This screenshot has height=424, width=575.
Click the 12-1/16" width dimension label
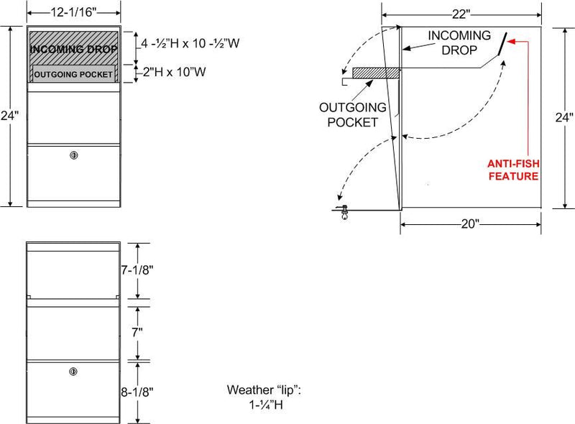click(x=73, y=12)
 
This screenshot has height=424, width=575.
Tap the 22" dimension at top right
click(x=461, y=14)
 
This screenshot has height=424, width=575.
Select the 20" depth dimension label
click(x=470, y=223)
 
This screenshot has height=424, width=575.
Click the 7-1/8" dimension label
click(x=137, y=270)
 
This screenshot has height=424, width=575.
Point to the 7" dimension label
click(x=137, y=332)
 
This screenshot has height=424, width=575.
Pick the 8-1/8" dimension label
click(x=137, y=392)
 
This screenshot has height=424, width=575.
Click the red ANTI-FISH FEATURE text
click(x=513, y=170)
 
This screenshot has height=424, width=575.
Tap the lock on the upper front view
click(x=74, y=155)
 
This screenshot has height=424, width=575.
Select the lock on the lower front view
click(x=73, y=372)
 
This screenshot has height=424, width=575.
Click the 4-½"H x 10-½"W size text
click(x=190, y=43)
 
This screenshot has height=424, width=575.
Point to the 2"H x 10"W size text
click(x=174, y=72)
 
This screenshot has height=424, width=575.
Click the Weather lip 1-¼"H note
click(x=264, y=397)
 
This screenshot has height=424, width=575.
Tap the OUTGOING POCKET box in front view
click(x=73, y=74)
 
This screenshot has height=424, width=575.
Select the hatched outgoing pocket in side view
click(x=376, y=73)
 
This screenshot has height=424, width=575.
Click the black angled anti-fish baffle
click(x=502, y=44)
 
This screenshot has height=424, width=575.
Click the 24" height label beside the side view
click(x=564, y=117)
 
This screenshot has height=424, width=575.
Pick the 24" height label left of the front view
click(x=9, y=116)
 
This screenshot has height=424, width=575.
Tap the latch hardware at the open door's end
click(x=344, y=212)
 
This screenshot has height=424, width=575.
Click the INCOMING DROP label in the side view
click(x=459, y=42)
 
